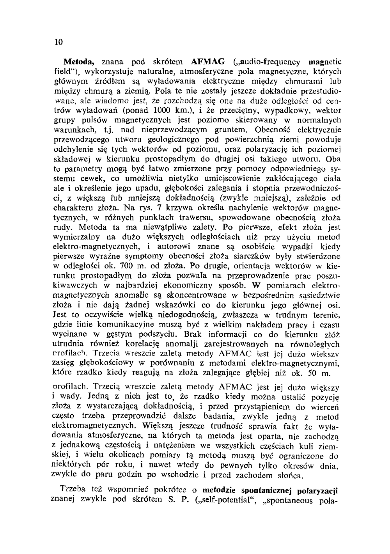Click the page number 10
pyautogui.click(x=59, y=42)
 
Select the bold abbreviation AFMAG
pyautogui.click(x=208, y=62)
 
